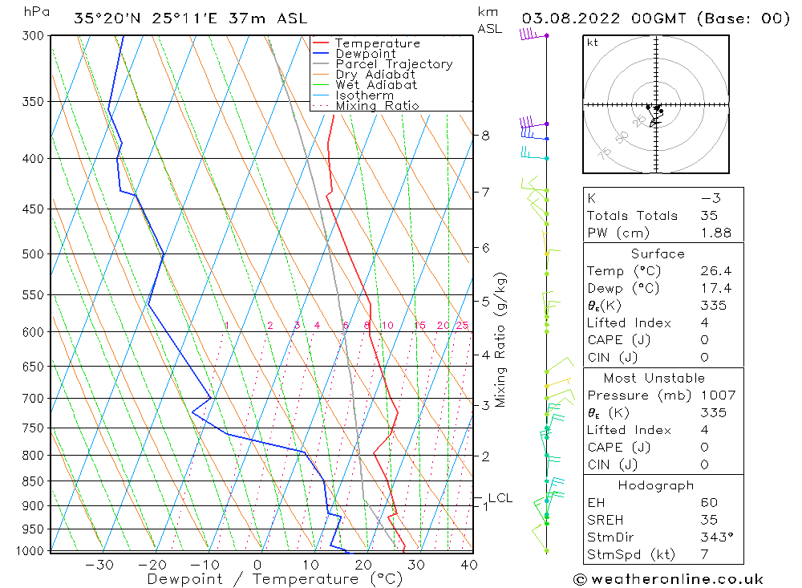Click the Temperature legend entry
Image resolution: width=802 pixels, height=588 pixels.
(377, 43)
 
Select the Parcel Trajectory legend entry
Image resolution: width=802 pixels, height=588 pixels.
(393, 64)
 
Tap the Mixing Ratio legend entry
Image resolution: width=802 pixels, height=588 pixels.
(377, 106)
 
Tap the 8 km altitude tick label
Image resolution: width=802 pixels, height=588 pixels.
(485, 136)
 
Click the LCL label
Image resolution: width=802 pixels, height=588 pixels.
(500, 498)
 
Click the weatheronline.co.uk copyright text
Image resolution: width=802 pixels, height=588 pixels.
(668, 578)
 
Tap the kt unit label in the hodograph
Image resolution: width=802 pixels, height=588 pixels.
(593, 43)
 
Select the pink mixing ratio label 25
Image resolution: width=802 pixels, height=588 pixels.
(462, 325)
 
